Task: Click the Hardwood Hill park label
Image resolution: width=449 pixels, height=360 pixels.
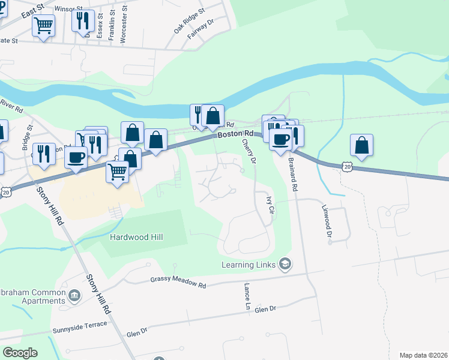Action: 136,237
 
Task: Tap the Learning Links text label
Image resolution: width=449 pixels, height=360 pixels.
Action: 248,265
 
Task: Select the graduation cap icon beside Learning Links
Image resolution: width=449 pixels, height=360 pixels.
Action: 285,264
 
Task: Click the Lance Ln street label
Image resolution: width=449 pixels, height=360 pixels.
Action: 247,298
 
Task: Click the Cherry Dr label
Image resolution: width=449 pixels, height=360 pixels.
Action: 249,152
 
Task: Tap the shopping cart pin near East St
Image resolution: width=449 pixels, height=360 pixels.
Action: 44,26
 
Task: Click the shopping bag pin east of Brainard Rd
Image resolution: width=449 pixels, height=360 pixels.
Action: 361,145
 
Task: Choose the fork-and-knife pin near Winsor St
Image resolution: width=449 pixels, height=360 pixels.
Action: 83,20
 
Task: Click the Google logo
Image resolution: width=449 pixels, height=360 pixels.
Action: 20,352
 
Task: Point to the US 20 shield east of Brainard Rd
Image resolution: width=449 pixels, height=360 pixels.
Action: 347,166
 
